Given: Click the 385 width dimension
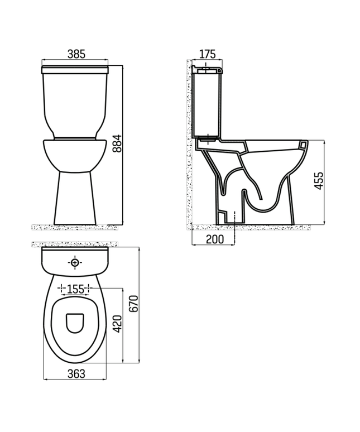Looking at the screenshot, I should pos(76,54).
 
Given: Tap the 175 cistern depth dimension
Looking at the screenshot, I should pos(207,54).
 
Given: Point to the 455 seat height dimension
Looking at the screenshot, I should pos(318,181).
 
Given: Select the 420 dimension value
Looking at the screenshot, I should pos(117,323).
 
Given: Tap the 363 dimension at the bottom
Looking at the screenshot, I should pos(75,374).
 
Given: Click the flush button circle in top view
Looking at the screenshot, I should pos(75,262).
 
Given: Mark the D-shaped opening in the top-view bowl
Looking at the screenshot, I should pos(75,323).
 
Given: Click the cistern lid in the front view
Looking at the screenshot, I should pos(75,70).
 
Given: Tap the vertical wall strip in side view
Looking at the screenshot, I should pos(188,145).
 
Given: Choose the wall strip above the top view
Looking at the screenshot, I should pos(75,244).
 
